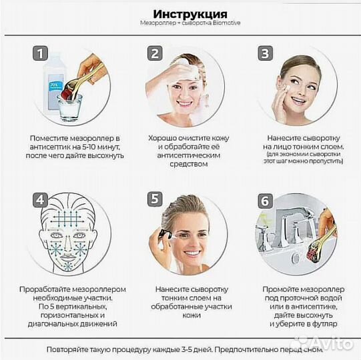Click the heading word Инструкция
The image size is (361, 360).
tap(190, 15)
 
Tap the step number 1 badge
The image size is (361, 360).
tap(42, 54)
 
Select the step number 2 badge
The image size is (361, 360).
tap(155, 54)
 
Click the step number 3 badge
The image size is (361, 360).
tap(266, 54)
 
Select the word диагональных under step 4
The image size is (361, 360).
tap(53, 323)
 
